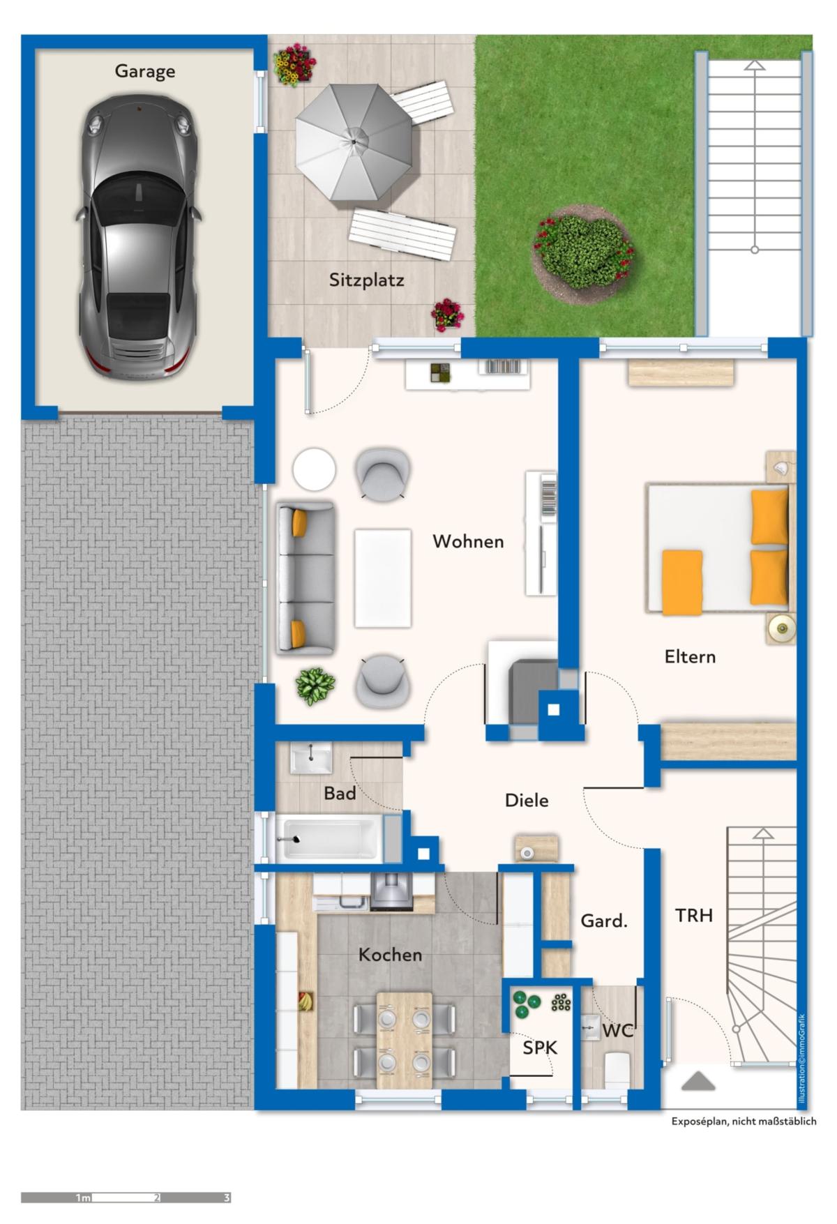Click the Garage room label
click(x=145, y=71)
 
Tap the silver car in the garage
click(x=138, y=237)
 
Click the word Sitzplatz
click(x=366, y=280)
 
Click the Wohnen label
click(x=468, y=541)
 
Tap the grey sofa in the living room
click(x=305, y=578)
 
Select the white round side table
click(x=314, y=469)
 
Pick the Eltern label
click(x=690, y=656)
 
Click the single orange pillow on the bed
click(x=682, y=582)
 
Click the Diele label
click(x=527, y=801)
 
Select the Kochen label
click(x=390, y=955)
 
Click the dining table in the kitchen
click(x=405, y=1040)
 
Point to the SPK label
click(x=540, y=1048)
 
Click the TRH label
click(x=694, y=915)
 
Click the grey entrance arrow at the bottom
click(x=698, y=1081)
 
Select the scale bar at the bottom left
click(x=126, y=1198)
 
